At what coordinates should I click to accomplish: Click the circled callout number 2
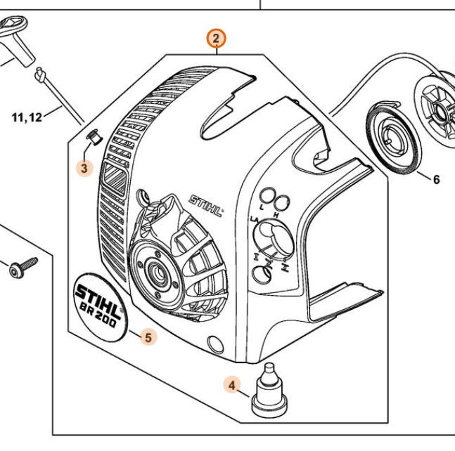click(x=217, y=39)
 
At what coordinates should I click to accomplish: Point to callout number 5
click(x=148, y=336)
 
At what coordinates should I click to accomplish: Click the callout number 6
click(x=436, y=180)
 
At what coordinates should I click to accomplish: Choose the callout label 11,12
click(x=27, y=117)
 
